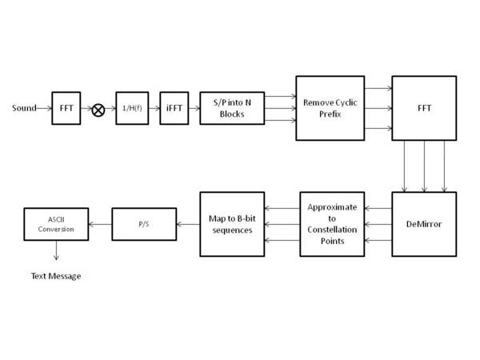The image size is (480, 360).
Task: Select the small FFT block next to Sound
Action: point(66,108)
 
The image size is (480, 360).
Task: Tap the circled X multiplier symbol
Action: point(98,110)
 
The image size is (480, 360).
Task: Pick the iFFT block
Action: point(174,108)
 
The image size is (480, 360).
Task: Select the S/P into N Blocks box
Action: point(231,108)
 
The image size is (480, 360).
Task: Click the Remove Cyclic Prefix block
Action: point(330,108)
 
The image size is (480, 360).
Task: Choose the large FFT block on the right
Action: point(423,108)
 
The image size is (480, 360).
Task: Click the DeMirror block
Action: point(423,224)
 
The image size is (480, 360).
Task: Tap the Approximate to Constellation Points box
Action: point(332,224)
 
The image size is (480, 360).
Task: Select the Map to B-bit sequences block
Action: point(231,224)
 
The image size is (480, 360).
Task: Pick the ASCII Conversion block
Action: point(55,224)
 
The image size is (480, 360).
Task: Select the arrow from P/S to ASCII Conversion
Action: point(100,224)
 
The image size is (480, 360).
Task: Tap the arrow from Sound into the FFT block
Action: point(44,108)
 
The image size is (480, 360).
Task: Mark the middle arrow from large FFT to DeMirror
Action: point(423,166)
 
